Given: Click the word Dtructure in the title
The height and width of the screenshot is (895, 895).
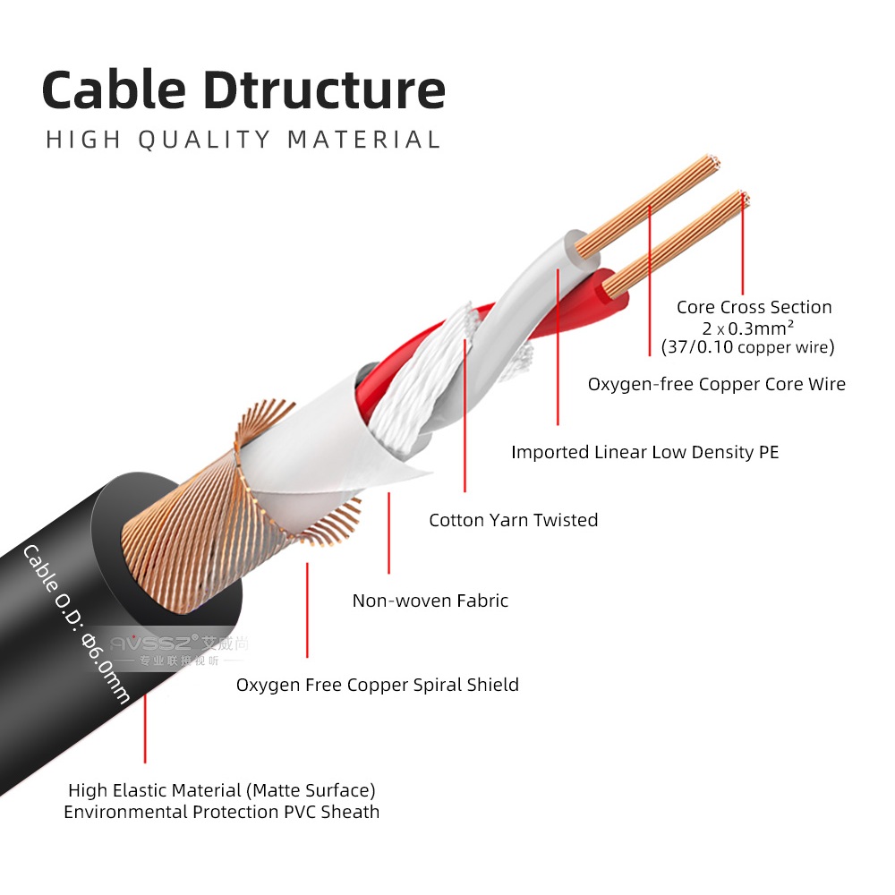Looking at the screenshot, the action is coord(324,90).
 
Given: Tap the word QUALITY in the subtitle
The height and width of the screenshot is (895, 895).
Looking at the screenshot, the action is coord(204,140).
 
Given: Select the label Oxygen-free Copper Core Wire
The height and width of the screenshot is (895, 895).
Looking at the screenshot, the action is coord(717,384).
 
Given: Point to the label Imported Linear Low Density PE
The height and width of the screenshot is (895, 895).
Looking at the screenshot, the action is coord(645,452).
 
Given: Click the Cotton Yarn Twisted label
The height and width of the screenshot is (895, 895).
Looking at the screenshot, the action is coord(514,520).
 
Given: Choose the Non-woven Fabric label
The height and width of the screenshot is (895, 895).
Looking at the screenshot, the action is coord(430,601).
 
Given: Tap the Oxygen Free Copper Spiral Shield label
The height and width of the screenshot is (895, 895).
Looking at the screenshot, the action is coord(378,685).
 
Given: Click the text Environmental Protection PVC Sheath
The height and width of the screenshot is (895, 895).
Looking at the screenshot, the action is coord(221,812).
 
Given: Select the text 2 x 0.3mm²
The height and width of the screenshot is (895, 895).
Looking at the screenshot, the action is coord(747,328).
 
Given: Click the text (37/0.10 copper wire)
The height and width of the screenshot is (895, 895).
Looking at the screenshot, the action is coord(747,347).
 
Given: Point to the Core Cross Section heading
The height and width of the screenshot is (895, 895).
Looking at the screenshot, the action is coord(754,307).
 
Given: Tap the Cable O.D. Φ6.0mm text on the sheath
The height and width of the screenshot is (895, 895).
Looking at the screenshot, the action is coord(76,624).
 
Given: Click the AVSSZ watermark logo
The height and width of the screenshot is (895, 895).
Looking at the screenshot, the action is coord(178,650).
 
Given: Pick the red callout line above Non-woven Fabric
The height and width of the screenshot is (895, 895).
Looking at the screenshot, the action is coord(388,533).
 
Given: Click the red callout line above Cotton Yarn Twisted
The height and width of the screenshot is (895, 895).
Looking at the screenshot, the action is coord(465,416).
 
